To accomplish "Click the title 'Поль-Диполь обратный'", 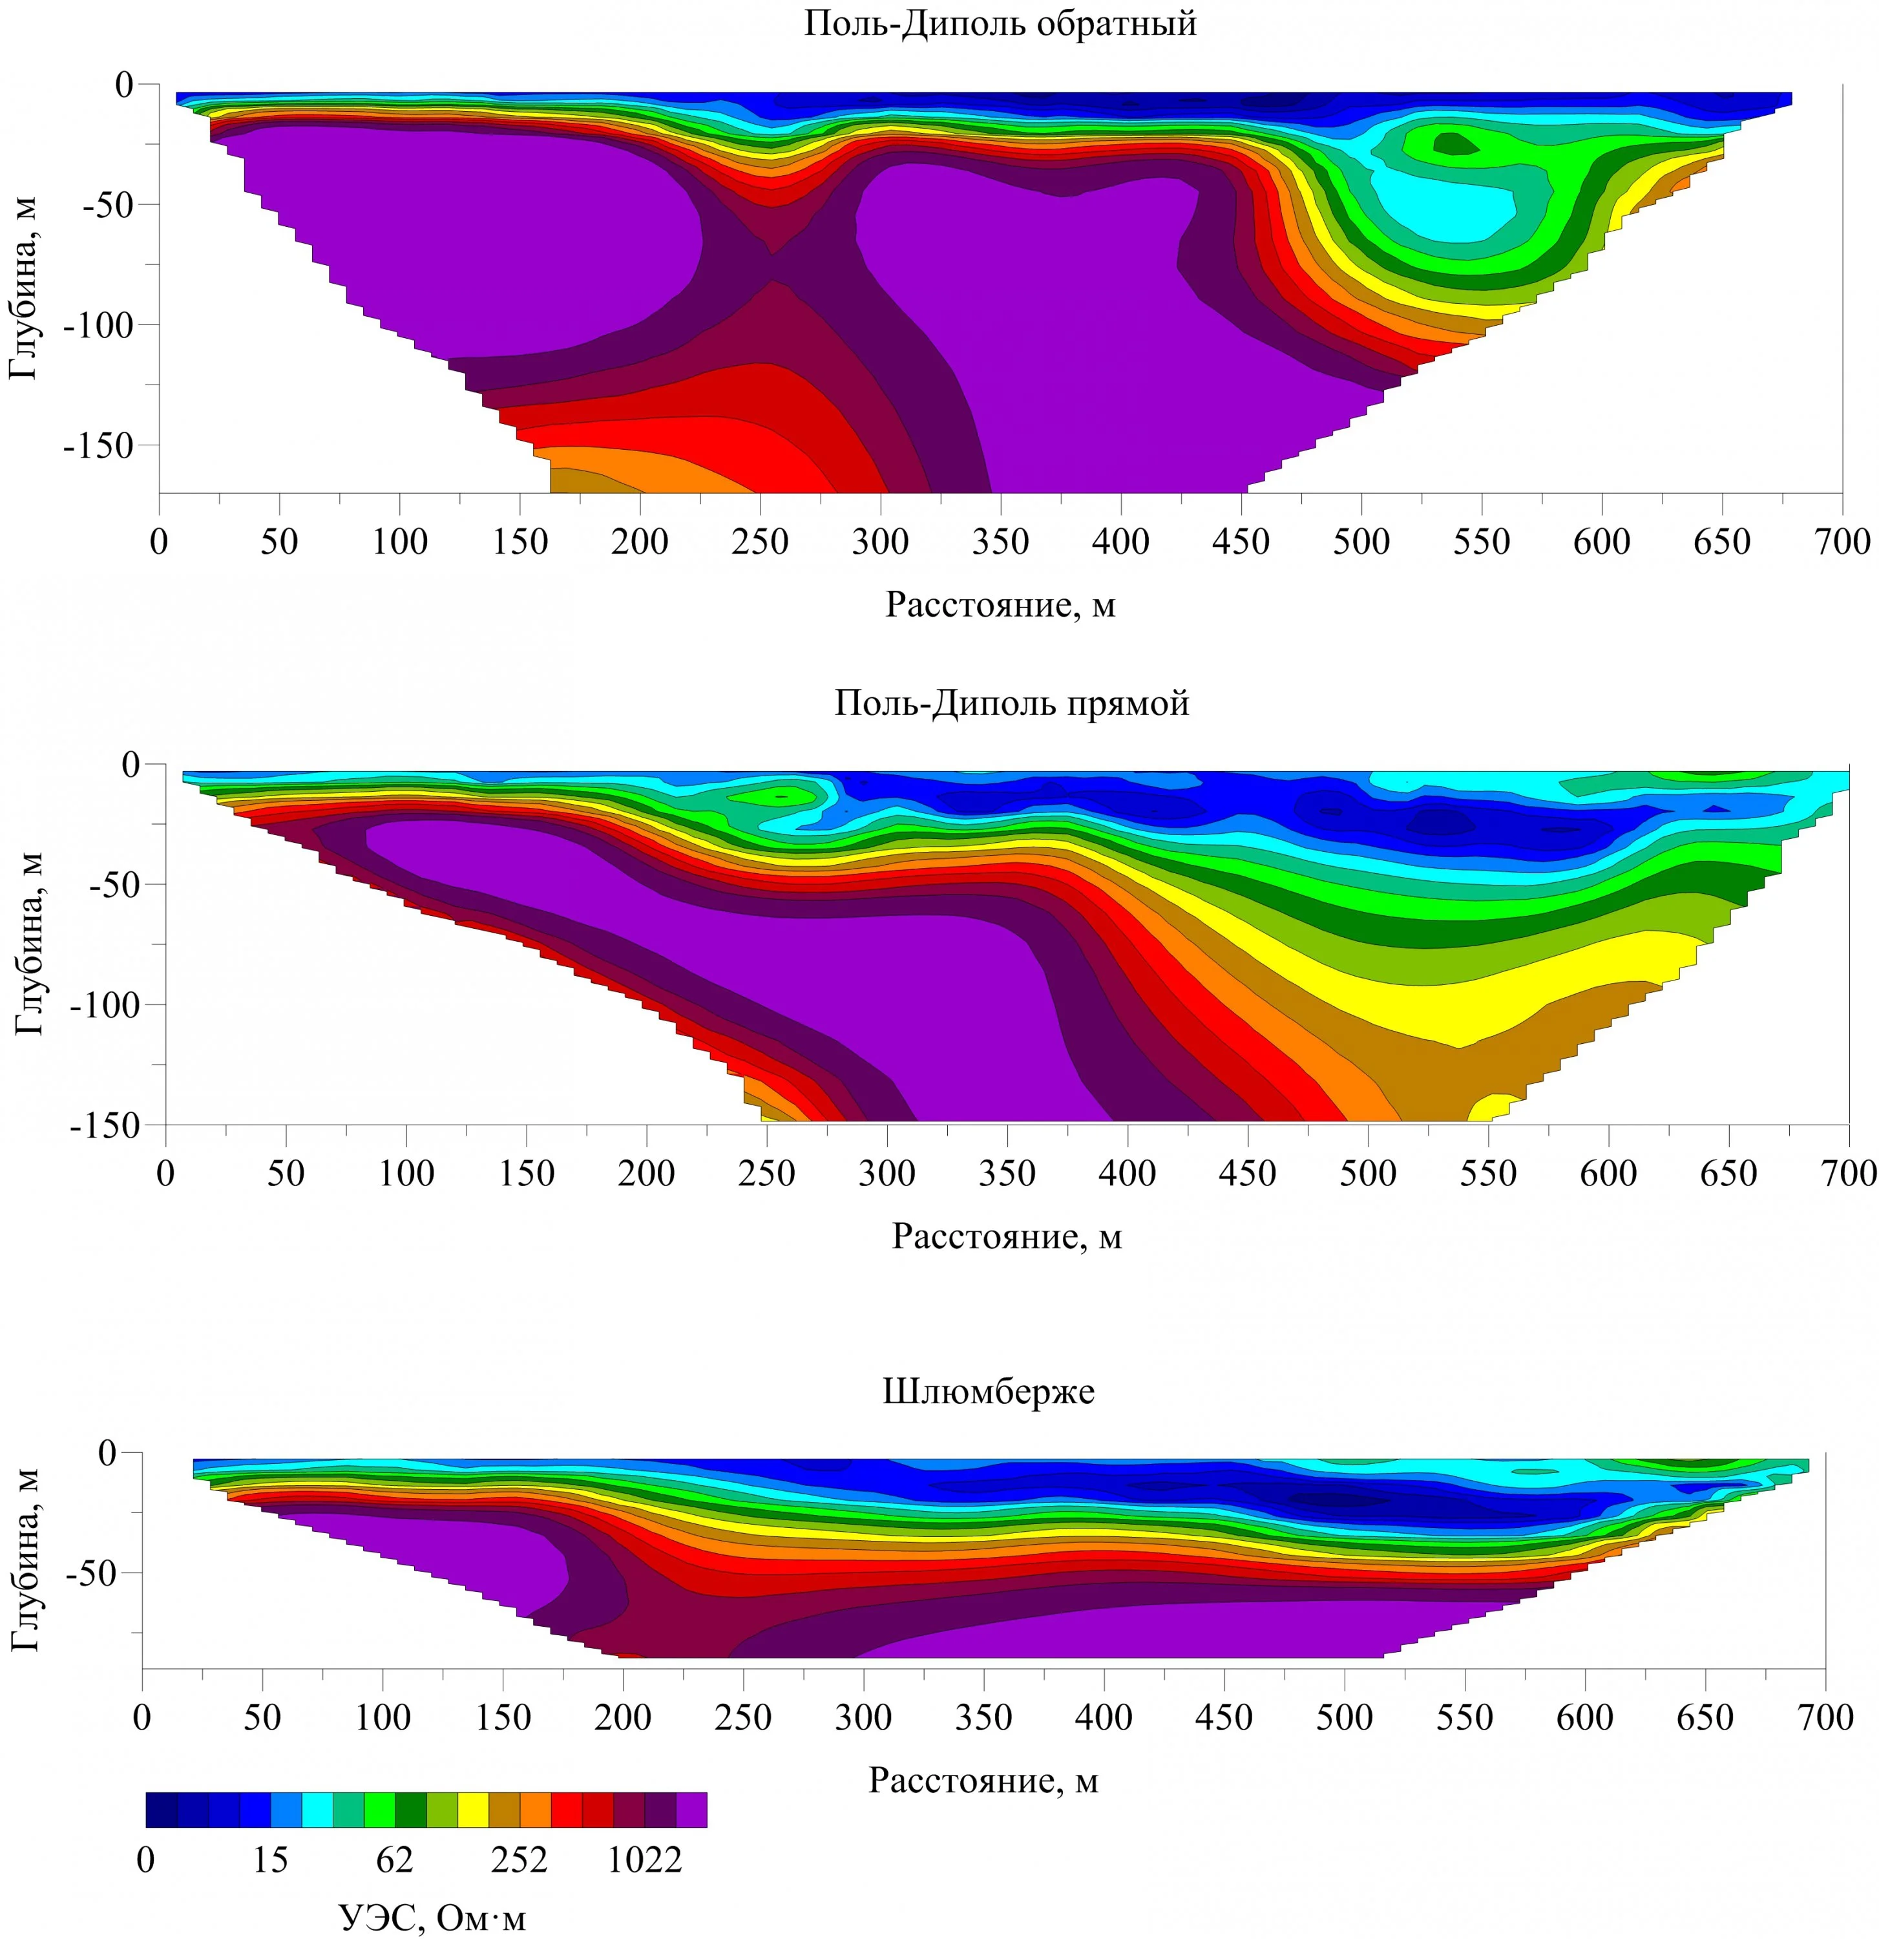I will point(1000,24).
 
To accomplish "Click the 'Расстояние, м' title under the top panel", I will point(1000,604).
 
